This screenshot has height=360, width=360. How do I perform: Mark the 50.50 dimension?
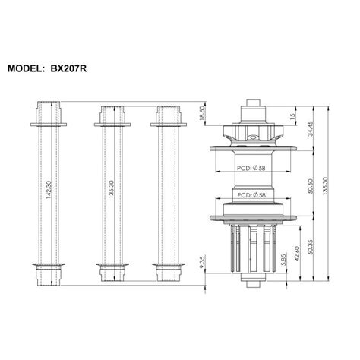pyautogui.click(x=309, y=186)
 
